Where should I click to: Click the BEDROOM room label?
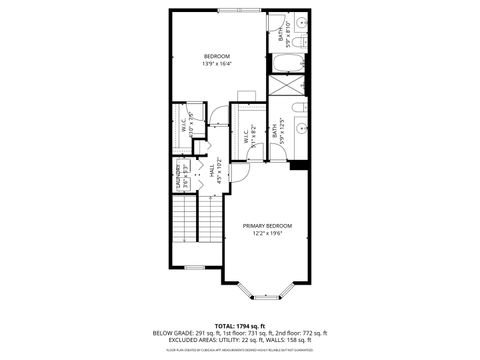(x=217, y=55)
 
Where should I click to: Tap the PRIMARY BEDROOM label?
(x=267, y=226)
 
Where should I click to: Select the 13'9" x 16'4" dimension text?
(x=217, y=64)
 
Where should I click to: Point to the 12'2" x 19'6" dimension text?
(x=267, y=235)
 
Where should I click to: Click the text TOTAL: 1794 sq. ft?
(x=240, y=326)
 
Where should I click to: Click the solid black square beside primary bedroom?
(x=296, y=165)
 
